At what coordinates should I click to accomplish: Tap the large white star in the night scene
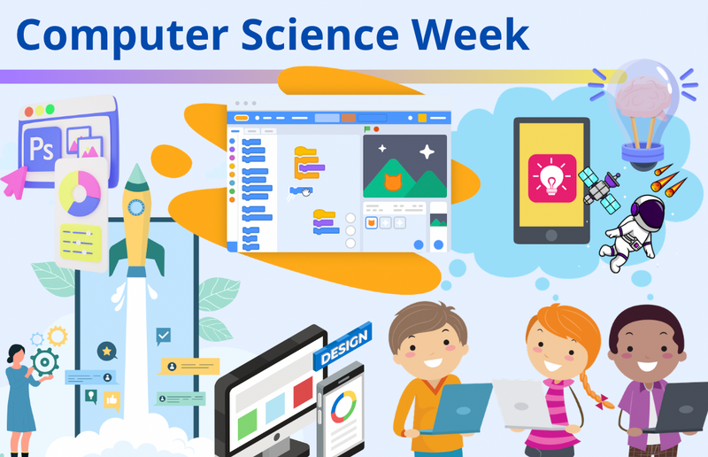click(427, 152)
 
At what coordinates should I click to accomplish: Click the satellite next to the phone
click(600, 183)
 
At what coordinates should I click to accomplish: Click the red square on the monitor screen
click(303, 391)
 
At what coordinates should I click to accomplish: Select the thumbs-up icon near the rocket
click(112, 400)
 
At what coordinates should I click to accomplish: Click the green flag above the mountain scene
click(366, 129)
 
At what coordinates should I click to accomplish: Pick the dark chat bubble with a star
click(107, 352)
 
